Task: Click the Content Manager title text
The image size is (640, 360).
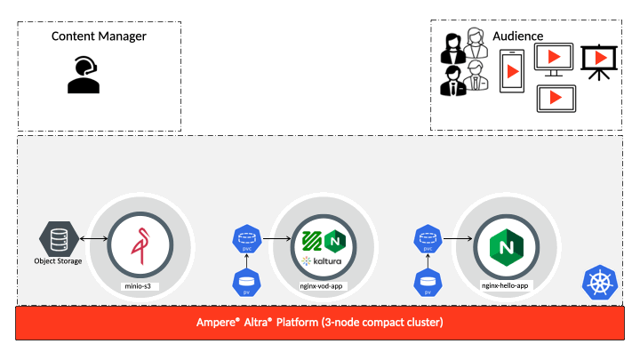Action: coord(99,36)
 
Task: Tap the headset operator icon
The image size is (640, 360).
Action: coord(84,75)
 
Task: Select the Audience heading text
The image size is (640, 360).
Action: coord(519,36)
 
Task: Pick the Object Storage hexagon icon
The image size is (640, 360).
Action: coord(58,239)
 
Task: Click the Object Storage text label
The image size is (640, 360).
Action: coord(58,261)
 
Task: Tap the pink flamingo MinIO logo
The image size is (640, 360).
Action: coord(140,244)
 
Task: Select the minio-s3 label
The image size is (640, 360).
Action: coord(140,285)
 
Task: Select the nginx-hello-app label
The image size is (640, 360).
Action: coord(503,285)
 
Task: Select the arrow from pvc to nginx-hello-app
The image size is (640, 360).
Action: coord(458,239)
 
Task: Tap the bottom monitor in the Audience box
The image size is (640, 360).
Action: coord(556,98)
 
